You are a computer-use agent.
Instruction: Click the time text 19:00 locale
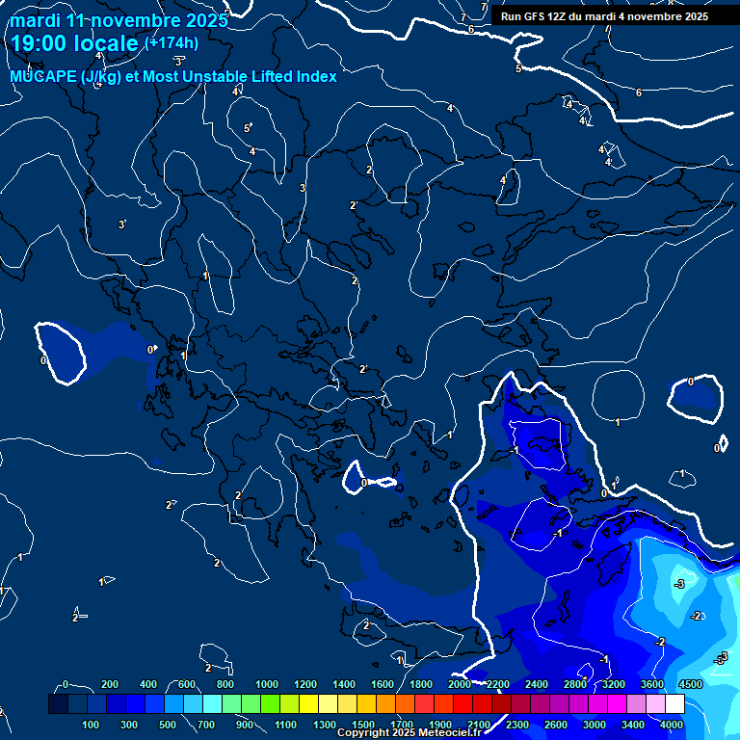point(72,42)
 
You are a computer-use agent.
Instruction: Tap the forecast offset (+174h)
point(172,42)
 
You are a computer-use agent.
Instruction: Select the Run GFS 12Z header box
point(604,16)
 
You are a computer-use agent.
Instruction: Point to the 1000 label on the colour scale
point(266,684)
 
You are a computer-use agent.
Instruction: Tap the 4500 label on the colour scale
point(690,684)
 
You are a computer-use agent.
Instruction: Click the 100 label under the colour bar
point(92,725)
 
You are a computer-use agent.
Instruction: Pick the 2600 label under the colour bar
point(553,725)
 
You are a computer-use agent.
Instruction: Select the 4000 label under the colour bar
point(671,725)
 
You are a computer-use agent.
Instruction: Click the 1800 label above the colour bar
point(420,684)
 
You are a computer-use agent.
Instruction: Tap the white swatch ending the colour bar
point(674,704)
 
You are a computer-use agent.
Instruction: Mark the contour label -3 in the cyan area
point(679,584)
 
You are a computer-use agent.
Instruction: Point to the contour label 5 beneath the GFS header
point(517,68)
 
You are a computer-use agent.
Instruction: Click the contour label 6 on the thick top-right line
point(638,92)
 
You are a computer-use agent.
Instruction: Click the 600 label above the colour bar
point(186,684)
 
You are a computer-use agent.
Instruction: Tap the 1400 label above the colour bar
point(343,684)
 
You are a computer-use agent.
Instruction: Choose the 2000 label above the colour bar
point(459,684)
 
